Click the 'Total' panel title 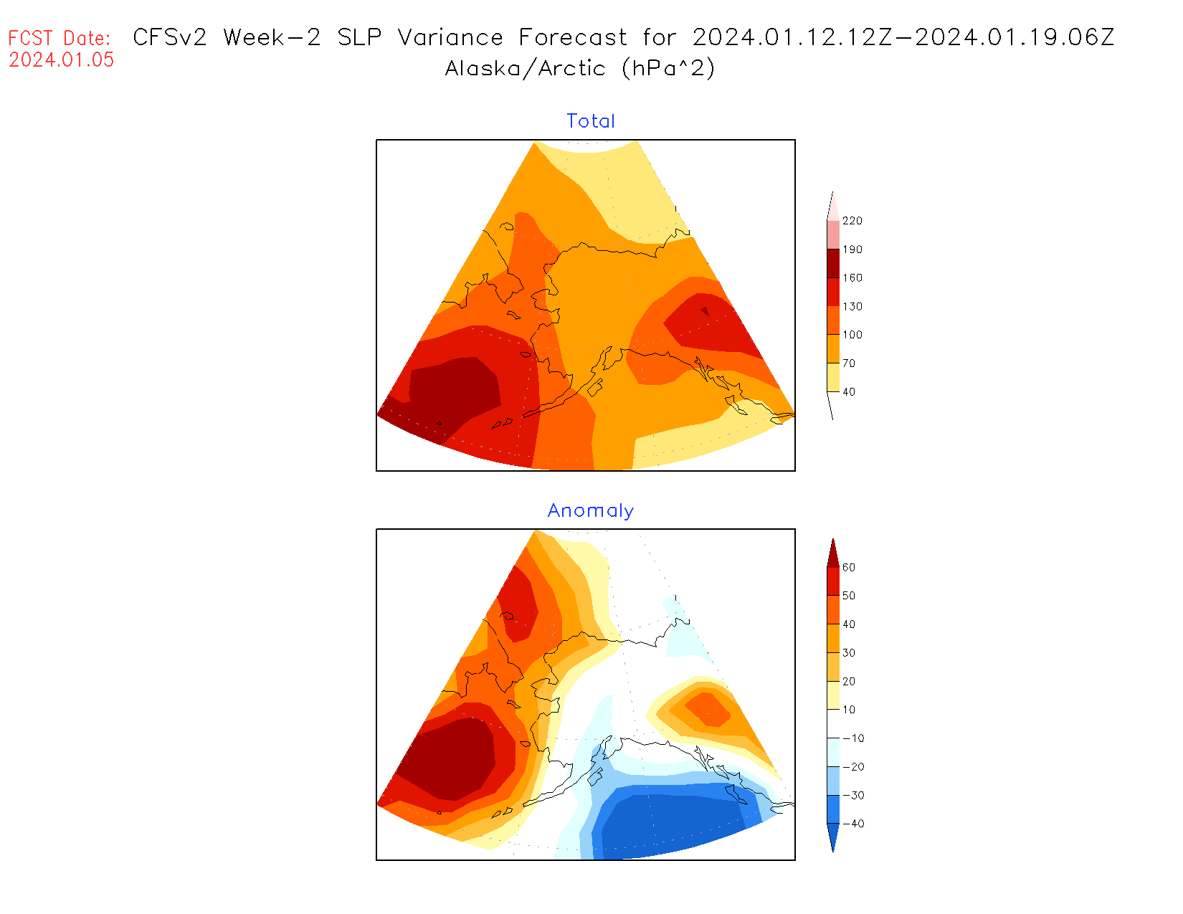point(591,121)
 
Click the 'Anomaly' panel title point(591,510)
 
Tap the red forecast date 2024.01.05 point(62,60)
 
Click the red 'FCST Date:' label point(60,38)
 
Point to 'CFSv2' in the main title point(170,37)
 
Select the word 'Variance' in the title point(450,37)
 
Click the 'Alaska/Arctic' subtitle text point(526,68)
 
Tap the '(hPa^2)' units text point(668,68)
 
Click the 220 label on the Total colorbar point(852,221)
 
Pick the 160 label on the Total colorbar point(852,278)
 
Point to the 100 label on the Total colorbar point(852,335)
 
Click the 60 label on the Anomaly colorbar point(849,568)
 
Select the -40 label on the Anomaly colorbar point(852,824)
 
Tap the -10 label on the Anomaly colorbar point(852,738)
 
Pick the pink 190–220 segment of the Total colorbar point(833,235)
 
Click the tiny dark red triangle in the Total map point(705,311)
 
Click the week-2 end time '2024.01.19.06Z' point(1015,37)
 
